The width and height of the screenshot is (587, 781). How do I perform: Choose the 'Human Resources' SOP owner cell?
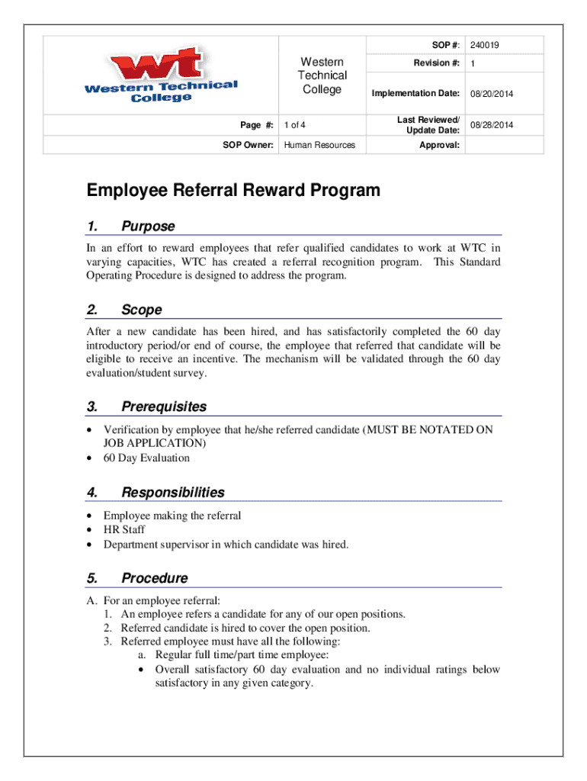tap(319, 145)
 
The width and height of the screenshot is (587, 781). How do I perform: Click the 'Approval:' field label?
tap(439, 145)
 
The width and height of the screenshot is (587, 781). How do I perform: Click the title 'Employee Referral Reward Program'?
tap(233, 191)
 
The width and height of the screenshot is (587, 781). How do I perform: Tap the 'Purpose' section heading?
tap(148, 227)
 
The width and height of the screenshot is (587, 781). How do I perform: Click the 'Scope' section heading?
tap(141, 310)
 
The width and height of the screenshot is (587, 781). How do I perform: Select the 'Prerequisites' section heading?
tap(163, 407)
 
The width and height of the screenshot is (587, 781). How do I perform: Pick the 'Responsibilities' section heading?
tap(172, 493)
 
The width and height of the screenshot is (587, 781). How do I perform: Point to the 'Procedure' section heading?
tap(154, 578)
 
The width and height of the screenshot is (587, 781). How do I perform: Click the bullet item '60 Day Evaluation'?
tap(146, 458)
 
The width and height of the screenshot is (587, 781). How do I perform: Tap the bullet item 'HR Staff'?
tap(124, 530)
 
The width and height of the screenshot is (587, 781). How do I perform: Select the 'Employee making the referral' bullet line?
tap(172, 516)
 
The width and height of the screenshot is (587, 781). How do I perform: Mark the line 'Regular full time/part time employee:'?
tap(242, 655)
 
